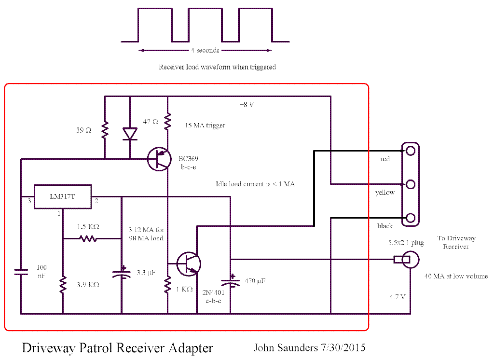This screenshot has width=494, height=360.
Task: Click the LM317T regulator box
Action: click(x=63, y=196)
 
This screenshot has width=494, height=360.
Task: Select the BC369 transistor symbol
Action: click(x=158, y=160)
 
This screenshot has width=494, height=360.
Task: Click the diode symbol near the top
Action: click(x=130, y=133)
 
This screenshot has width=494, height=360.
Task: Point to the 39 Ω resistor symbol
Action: click(x=105, y=130)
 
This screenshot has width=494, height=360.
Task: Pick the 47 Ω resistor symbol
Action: click(x=167, y=122)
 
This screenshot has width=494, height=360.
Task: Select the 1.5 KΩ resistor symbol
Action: click(x=89, y=238)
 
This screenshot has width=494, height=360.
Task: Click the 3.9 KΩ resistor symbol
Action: click(x=63, y=284)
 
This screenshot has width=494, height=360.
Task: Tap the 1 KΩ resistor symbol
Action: click(x=167, y=285)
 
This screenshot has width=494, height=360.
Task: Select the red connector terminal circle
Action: click(x=411, y=151)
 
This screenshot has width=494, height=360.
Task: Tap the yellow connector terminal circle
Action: click(x=411, y=184)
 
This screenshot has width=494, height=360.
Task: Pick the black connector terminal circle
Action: click(x=411, y=218)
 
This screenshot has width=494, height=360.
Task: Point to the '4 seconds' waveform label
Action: click(x=205, y=50)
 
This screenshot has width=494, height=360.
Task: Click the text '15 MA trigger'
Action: click(x=205, y=125)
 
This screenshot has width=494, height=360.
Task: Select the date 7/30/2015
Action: click(x=343, y=347)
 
